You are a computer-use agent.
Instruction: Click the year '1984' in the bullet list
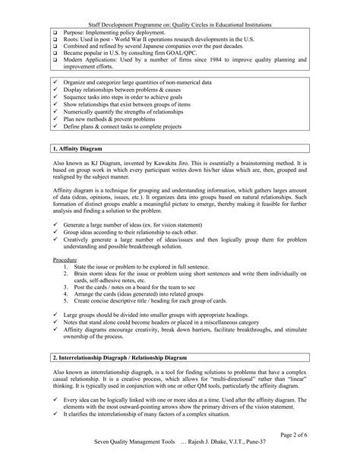pyautogui.click(x=223, y=57)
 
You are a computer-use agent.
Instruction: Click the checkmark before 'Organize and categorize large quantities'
pyautogui.click(x=57, y=81)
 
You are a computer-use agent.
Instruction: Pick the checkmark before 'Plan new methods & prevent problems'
pyautogui.click(x=57, y=120)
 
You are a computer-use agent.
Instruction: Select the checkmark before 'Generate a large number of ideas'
pyautogui.click(x=57, y=226)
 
